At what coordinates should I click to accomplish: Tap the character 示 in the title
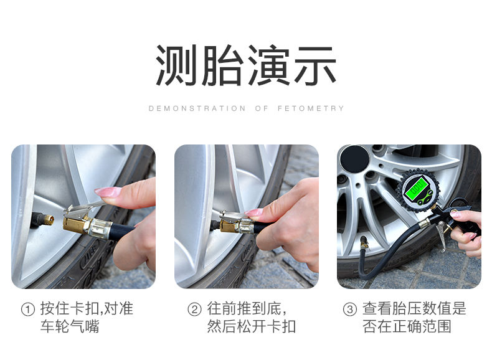pyautogui.click(x=315, y=65)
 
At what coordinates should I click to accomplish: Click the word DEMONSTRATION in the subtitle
pyautogui.click(x=197, y=108)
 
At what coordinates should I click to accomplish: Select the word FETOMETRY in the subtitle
pyautogui.click(x=311, y=108)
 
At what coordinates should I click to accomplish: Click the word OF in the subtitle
pyautogui.click(x=262, y=108)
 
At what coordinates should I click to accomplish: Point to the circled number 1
pyautogui.click(x=27, y=310)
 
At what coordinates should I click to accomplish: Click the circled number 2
pyautogui.click(x=194, y=310)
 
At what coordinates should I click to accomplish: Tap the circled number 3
pyautogui.click(x=350, y=310)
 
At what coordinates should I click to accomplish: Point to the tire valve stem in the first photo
pyautogui.click(x=43, y=219)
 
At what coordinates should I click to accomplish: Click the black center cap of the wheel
pyautogui.click(x=355, y=159)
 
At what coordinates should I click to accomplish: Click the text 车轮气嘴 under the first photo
pyautogui.click(x=70, y=326)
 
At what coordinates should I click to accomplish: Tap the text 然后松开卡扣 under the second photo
pyautogui.click(x=252, y=326)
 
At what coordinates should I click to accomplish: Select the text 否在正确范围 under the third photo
pyautogui.click(x=407, y=326)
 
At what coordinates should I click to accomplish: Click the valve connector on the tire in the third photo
pyautogui.click(x=364, y=243)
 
